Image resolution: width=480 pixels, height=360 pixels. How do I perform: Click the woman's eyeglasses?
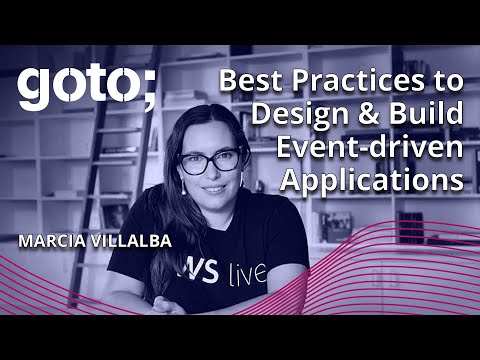click(x=211, y=160)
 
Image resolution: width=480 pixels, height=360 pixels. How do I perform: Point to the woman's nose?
click(x=212, y=172)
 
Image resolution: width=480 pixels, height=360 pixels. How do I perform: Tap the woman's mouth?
click(x=212, y=190)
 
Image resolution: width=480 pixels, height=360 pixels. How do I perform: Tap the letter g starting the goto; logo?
click(x=32, y=91)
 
